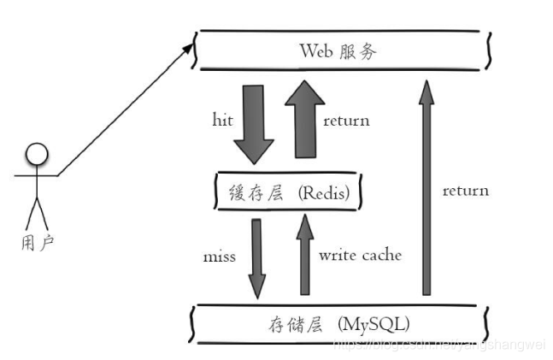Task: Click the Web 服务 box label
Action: pos(338,50)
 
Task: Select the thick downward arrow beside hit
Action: pos(254,122)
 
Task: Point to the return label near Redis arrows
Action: pos(346,121)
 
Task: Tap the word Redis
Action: pos(328,193)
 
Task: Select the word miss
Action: pos(220,256)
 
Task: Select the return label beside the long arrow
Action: pos(465,190)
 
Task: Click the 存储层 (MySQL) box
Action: pos(338,323)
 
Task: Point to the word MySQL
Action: pos(374,324)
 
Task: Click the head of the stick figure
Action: pos(36,155)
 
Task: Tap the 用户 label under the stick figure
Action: pos(35,243)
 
